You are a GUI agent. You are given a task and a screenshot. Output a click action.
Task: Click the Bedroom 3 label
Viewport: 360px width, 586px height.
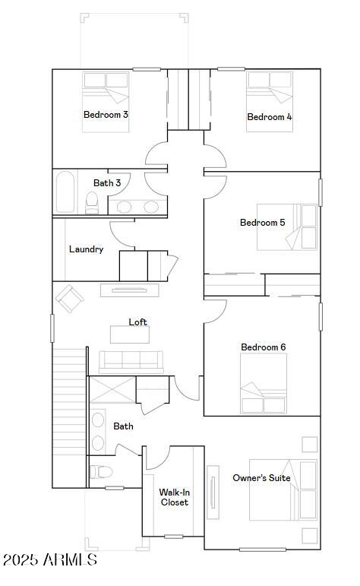105,115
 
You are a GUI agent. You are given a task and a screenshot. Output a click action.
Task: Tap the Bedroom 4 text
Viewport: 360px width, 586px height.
269,117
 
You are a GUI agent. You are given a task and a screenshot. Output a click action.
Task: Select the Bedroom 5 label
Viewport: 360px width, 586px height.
262,223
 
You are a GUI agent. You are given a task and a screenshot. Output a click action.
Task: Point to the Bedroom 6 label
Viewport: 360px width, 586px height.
263,347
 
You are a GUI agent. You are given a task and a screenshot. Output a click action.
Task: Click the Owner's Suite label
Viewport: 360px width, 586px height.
261,478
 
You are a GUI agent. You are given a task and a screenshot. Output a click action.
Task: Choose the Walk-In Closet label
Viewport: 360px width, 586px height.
174,497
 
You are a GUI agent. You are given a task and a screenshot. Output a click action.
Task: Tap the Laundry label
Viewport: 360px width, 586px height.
86,249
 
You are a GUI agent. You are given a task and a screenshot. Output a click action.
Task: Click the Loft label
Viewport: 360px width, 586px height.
137,322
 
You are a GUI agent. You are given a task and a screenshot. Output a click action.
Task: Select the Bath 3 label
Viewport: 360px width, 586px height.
107,183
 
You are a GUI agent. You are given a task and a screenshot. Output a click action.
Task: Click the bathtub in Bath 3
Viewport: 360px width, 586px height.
66,192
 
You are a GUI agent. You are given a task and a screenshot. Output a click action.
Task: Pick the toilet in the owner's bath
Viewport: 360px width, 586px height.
97,470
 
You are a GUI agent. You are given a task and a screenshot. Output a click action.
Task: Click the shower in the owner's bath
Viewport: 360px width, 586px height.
112,391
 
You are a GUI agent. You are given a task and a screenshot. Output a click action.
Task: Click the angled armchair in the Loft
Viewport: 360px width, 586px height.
69,298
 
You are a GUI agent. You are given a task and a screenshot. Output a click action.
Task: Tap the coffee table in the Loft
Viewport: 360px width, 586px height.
129,334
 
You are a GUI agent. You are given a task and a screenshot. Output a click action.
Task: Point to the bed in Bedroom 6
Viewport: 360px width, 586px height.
264,383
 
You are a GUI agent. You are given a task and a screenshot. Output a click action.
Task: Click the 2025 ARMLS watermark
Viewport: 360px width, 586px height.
49,560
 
